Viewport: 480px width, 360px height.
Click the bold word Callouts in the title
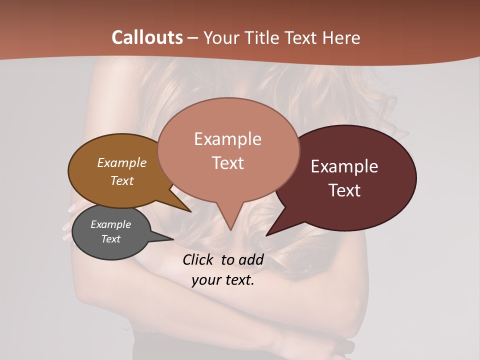click(147, 37)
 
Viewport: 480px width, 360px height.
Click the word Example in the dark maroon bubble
click(344, 166)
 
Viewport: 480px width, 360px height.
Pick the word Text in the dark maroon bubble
click(344, 190)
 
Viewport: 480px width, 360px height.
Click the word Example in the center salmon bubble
click(227, 139)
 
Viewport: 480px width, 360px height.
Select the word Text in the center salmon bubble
click(227, 163)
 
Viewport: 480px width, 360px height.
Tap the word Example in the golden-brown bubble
click(121, 163)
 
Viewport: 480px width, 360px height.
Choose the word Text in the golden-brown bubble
click(121, 180)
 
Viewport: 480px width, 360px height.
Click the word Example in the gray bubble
click(110, 224)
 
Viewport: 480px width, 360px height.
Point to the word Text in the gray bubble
click(110, 239)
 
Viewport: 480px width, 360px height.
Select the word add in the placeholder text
click(251, 259)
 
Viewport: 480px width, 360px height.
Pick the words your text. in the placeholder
click(223, 280)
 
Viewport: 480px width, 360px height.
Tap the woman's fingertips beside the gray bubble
click(68, 225)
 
